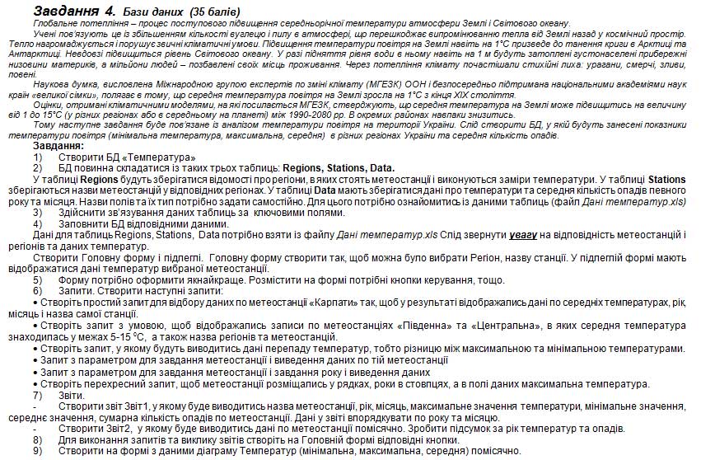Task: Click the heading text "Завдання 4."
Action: pyautogui.click(x=75, y=12)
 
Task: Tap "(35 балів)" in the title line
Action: pyautogui.click(x=215, y=12)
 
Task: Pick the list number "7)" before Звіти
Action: pyautogui.click(x=38, y=395)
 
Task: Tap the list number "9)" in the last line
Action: pyautogui.click(x=38, y=451)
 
